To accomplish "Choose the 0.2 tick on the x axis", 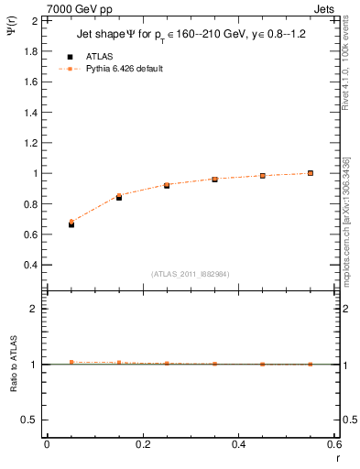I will [x=142, y=444].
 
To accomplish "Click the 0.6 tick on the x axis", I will [x=334, y=444].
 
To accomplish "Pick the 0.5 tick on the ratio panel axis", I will [x=28, y=420].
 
